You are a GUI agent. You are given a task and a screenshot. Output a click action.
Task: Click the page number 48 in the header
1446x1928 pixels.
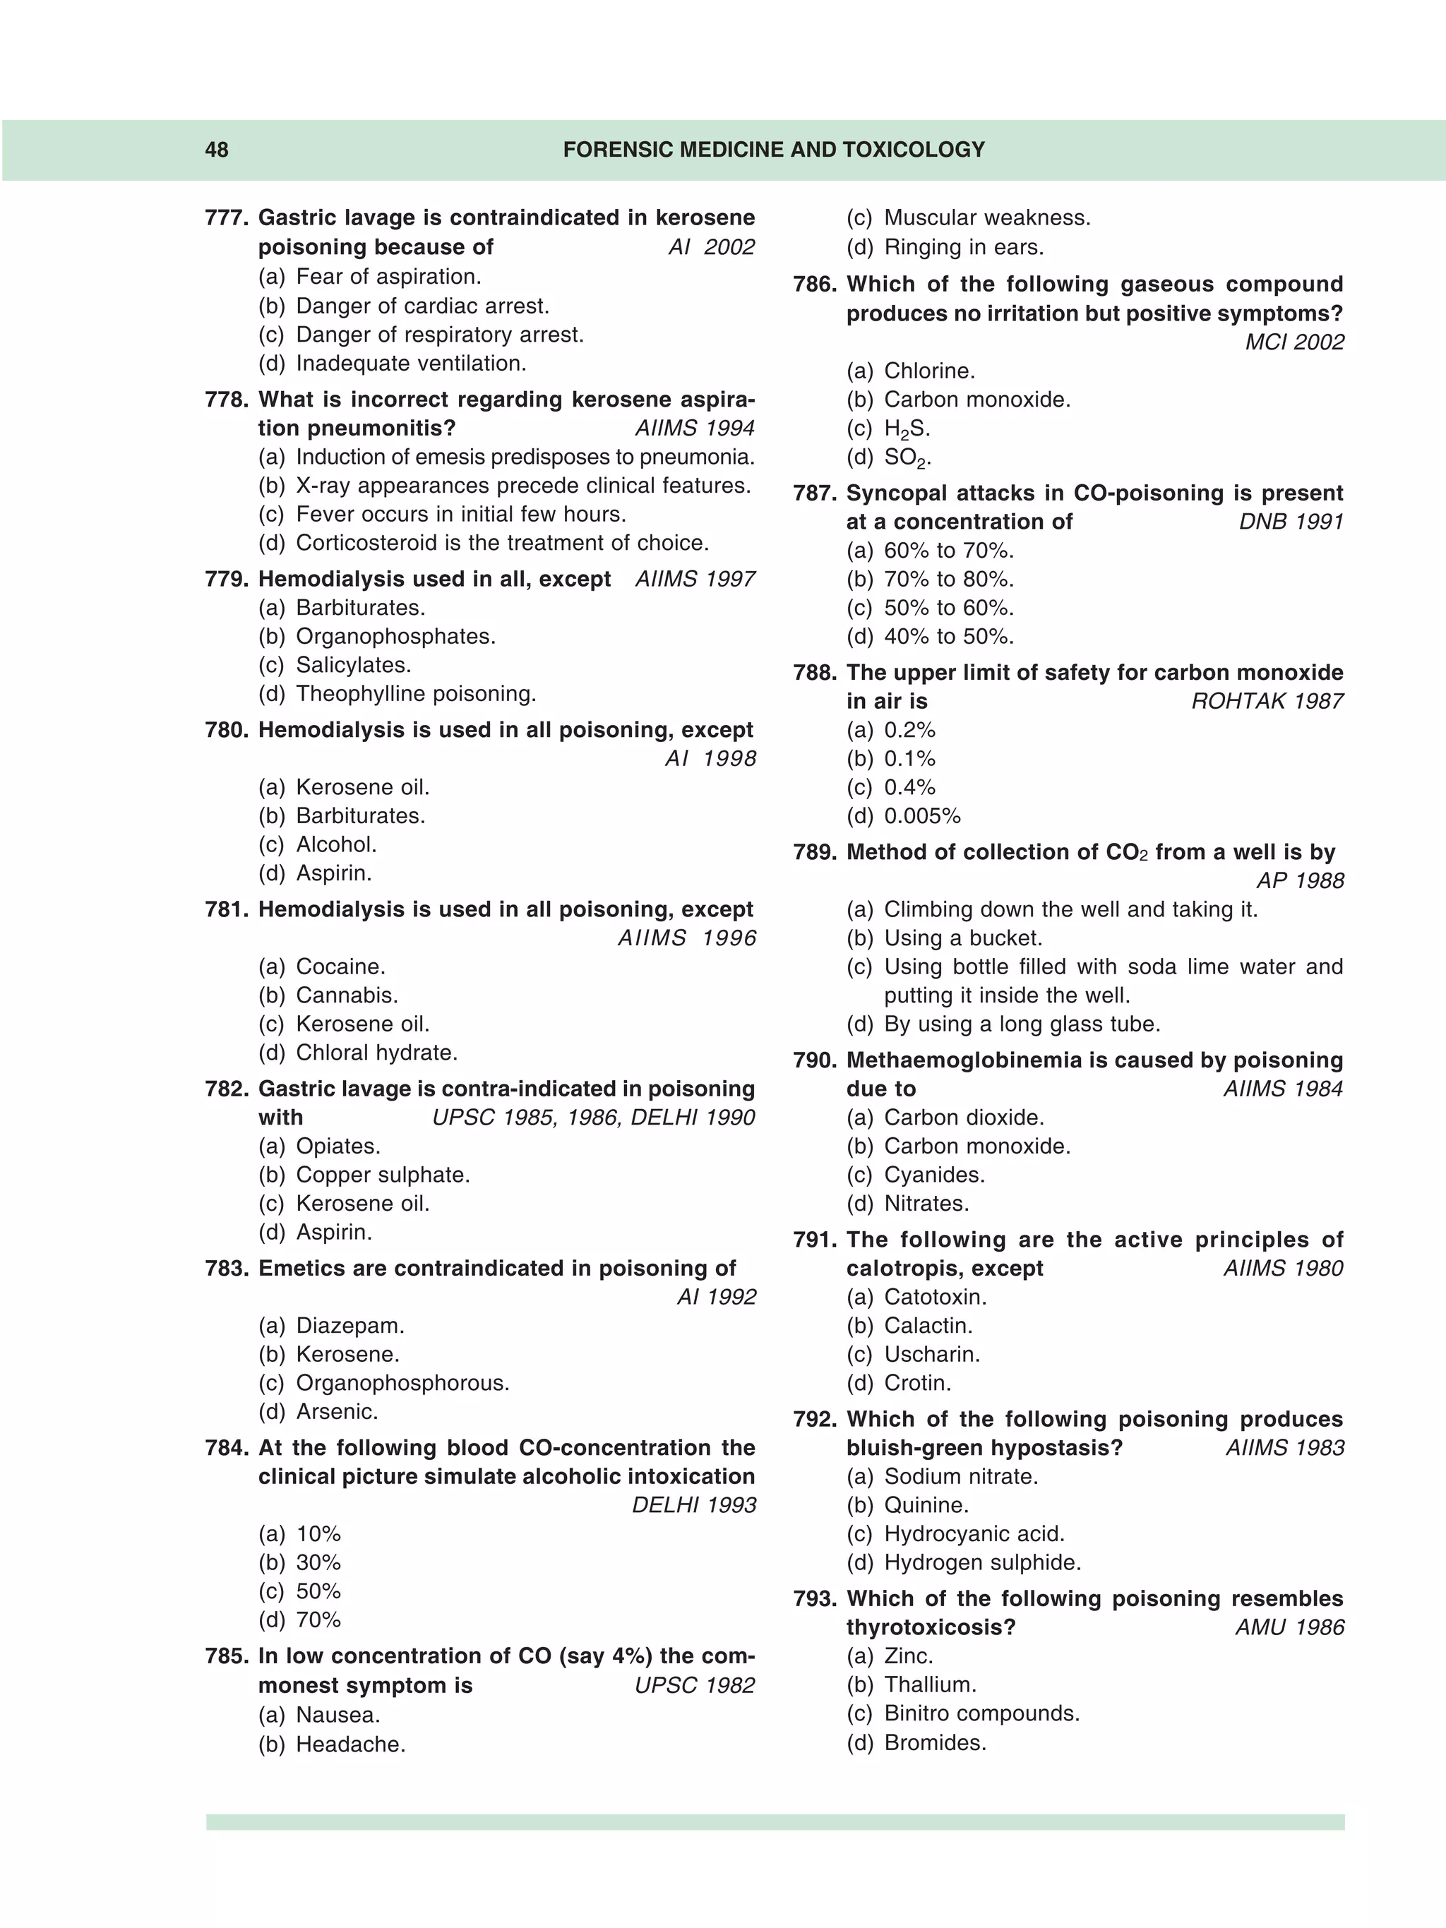point(216,150)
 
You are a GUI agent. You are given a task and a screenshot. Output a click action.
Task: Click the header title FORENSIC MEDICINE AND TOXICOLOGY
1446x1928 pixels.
point(773,150)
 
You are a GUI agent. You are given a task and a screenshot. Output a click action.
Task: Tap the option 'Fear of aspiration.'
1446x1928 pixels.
point(388,277)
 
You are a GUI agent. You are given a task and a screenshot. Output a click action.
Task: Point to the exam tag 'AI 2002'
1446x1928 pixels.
point(711,248)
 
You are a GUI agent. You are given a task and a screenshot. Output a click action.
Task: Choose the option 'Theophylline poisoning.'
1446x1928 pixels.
point(415,694)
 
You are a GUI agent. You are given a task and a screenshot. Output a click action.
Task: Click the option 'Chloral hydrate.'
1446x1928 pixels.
point(376,1053)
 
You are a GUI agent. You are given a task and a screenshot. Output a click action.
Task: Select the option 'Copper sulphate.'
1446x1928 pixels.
point(382,1175)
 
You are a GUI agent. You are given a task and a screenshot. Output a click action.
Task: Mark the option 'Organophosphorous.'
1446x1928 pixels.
point(402,1383)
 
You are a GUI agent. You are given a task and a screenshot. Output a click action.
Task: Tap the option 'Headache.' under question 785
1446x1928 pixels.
point(350,1744)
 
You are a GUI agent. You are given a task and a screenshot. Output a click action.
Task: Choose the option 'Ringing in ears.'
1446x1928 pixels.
point(963,248)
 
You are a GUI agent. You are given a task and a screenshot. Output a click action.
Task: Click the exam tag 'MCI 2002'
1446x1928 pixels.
point(1294,342)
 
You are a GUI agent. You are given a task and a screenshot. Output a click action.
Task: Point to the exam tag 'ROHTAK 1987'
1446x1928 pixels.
point(1267,702)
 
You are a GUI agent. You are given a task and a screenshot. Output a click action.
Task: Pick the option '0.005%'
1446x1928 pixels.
point(921,817)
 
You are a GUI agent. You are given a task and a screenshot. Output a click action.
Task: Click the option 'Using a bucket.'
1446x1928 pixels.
point(962,939)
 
